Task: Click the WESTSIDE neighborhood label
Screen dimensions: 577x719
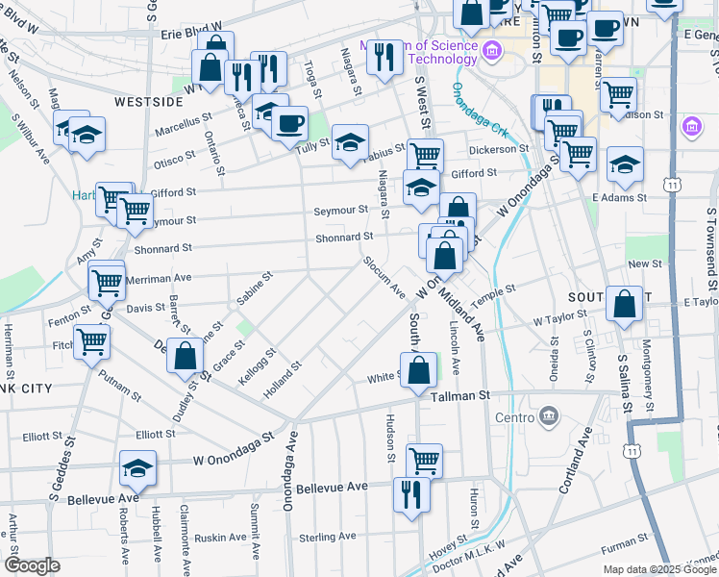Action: [148, 101]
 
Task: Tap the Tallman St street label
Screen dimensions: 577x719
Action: [460, 395]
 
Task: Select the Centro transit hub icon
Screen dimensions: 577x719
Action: [548, 416]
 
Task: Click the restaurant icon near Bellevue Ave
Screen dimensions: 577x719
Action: [411, 494]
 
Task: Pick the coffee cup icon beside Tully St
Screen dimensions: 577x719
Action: [288, 122]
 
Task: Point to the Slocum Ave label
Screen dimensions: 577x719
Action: [384, 277]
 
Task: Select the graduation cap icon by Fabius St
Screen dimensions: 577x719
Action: [350, 142]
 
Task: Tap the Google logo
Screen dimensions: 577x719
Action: [32, 565]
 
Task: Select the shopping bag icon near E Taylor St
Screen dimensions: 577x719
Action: [624, 303]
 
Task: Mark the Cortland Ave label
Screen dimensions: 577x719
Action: [573, 460]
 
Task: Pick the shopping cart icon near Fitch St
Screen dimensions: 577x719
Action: [91, 340]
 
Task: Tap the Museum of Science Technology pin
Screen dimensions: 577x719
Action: [490, 51]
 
